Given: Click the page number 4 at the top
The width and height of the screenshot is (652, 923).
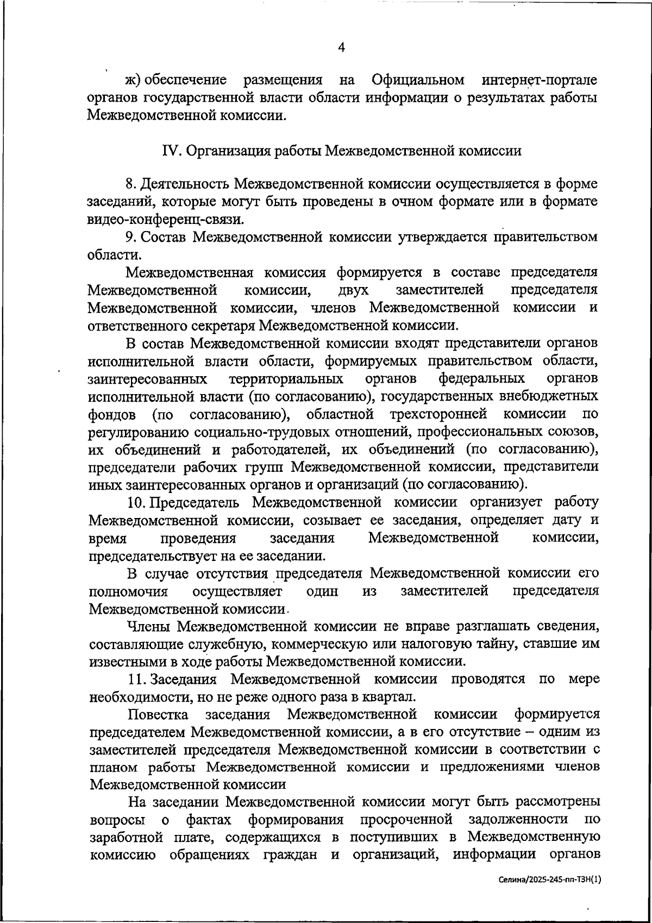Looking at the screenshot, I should pos(341,47).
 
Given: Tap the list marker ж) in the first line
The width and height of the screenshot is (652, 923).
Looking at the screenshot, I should pos(133,80).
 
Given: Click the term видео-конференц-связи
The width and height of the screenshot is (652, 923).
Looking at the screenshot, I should pos(165,220).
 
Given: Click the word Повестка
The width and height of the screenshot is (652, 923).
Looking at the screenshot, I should pos(159,714).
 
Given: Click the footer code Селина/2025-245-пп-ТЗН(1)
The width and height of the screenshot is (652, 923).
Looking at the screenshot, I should pos(551,879).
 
